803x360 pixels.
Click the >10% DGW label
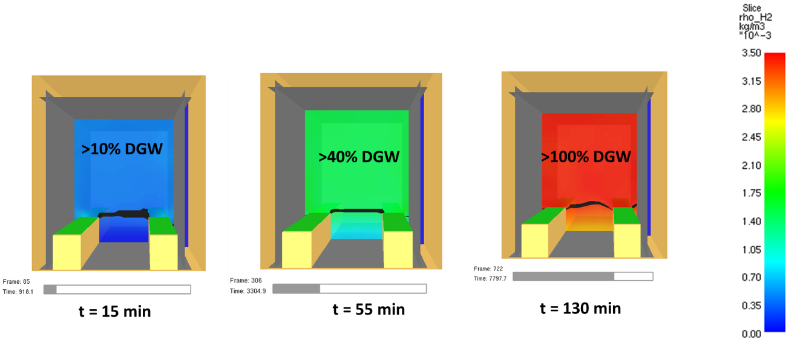(123, 148)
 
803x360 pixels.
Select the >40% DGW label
(359, 157)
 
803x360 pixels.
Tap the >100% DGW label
(586, 157)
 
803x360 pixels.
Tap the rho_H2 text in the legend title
(752, 18)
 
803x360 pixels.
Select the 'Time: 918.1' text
(18, 291)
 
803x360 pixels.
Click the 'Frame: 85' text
(16, 282)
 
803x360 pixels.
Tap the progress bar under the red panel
(583, 276)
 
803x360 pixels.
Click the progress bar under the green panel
(349, 289)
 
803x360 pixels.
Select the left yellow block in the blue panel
(67, 252)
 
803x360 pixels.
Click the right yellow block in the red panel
(627, 240)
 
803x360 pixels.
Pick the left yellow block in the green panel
(297, 249)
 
